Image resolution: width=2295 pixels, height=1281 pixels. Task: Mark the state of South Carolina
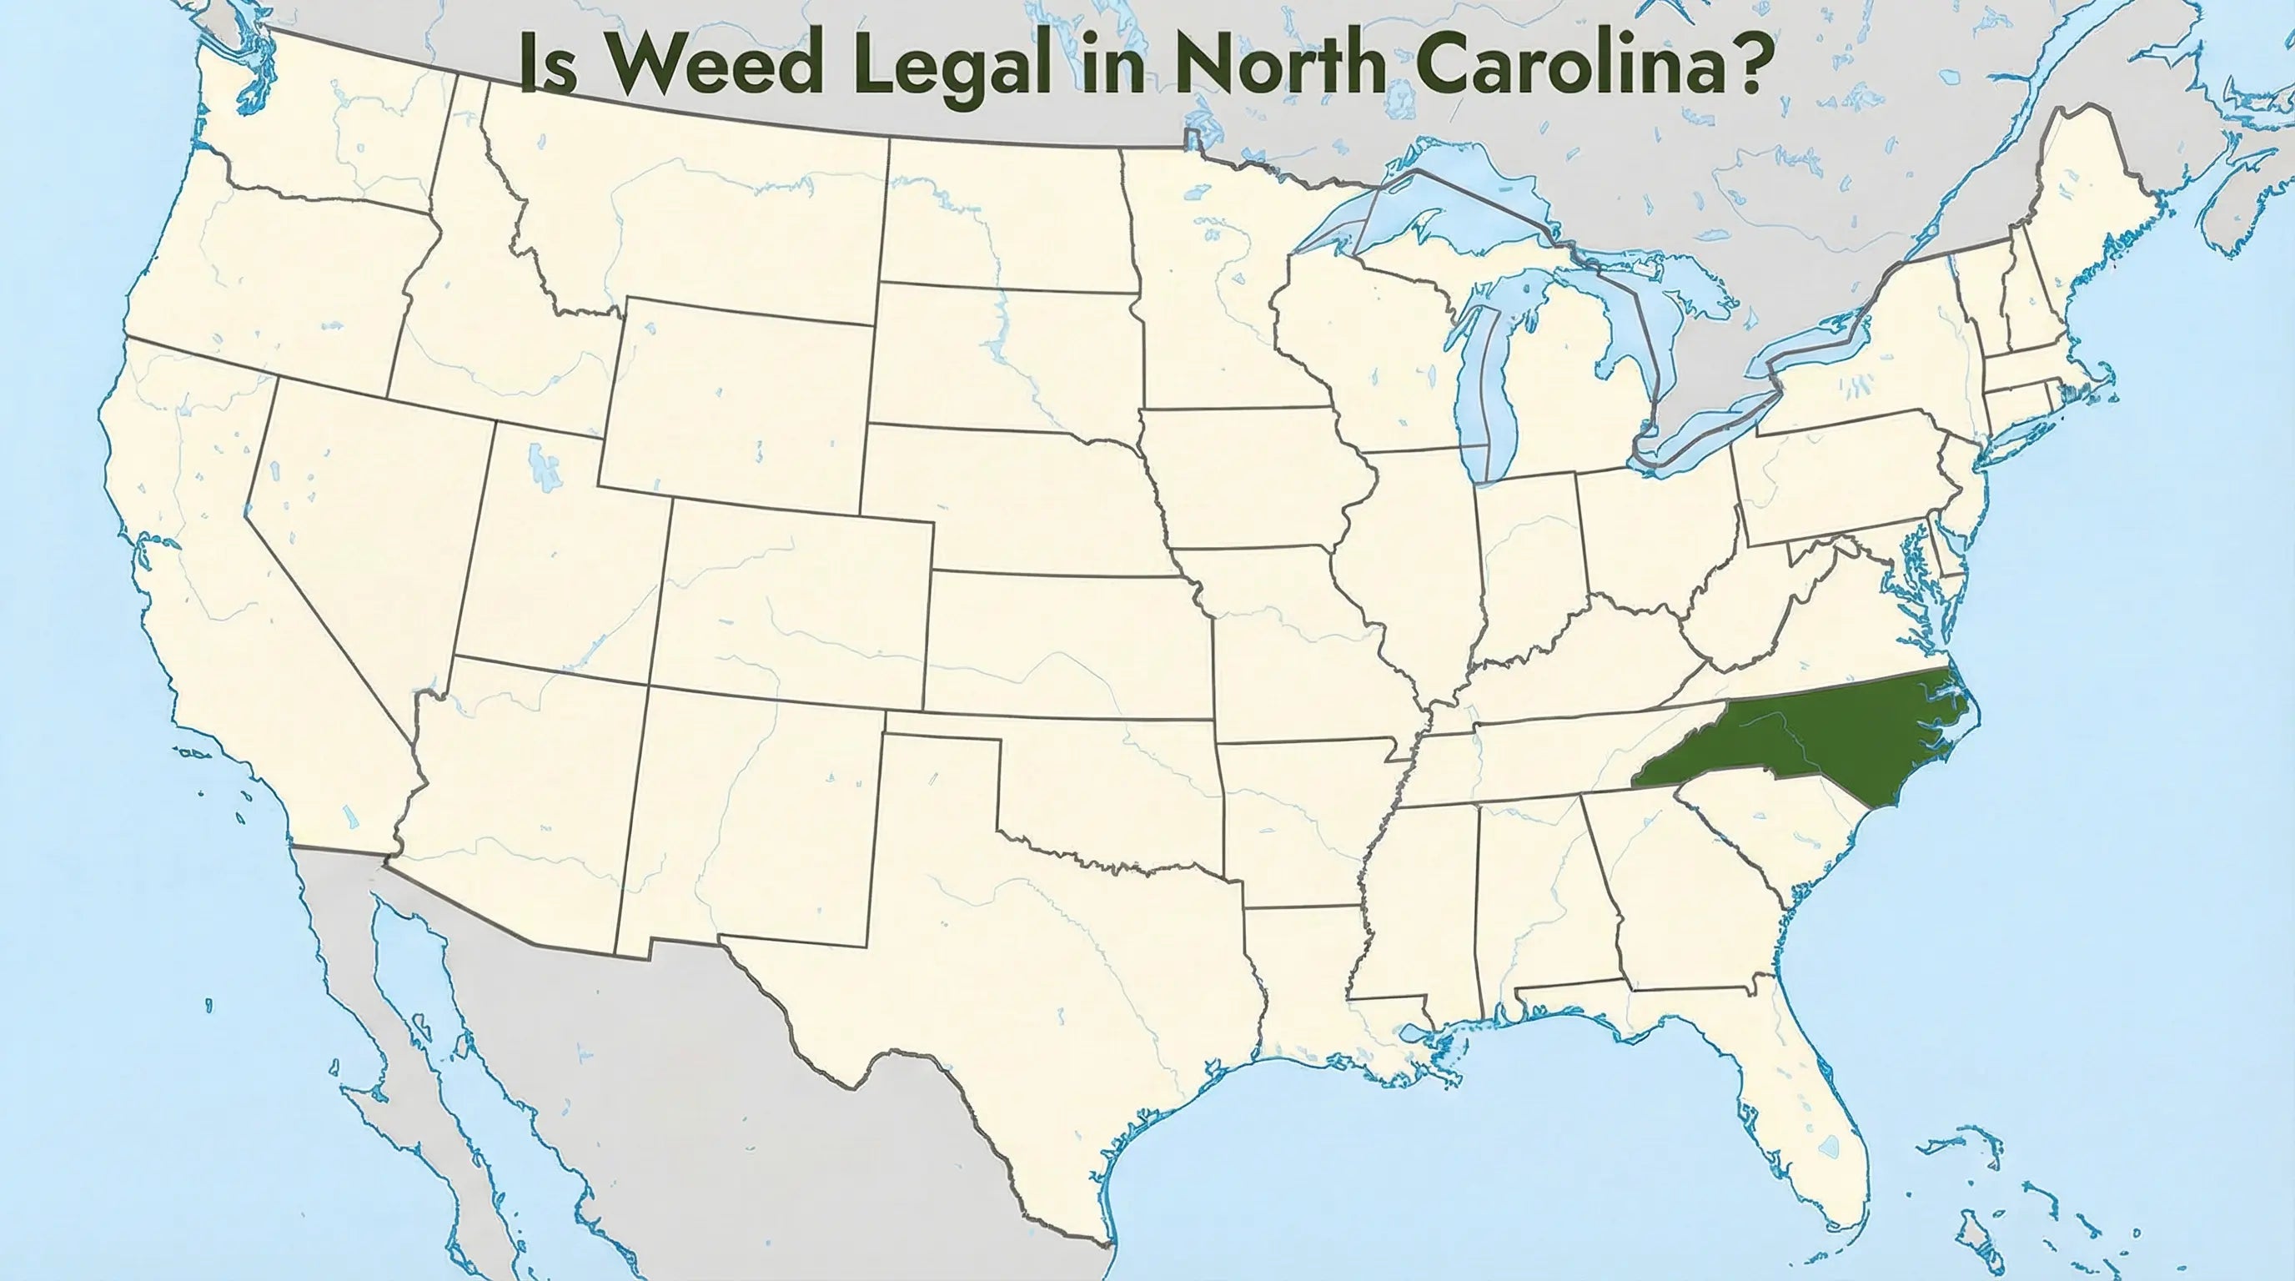point(1773,828)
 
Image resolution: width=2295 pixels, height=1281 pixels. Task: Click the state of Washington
point(321,133)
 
